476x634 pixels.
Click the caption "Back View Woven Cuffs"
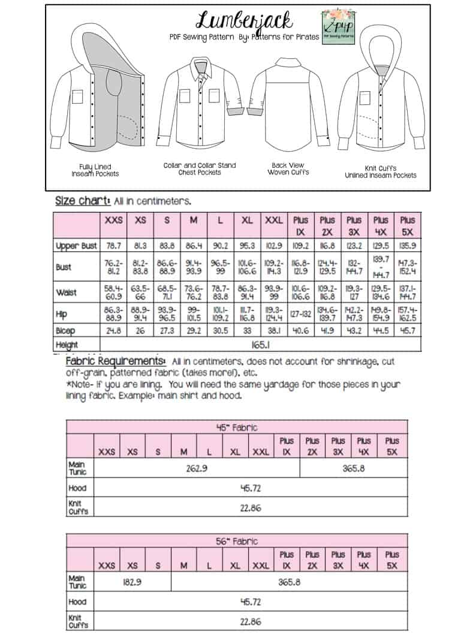(288, 168)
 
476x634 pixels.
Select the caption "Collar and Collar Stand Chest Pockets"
(200, 168)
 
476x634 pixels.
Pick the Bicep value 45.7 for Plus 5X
(407, 331)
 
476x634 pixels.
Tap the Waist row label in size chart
(68, 292)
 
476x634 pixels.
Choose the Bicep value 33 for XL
(246, 331)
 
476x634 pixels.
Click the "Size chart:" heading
(80, 201)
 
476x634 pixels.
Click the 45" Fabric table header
(237, 427)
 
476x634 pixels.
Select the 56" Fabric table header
(237, 541)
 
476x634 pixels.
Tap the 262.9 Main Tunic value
(197, 467)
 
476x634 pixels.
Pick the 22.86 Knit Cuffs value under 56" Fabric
(250, 621)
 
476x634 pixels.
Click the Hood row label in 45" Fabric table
(78, 488)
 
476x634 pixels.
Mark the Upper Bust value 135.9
(407, 246)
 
